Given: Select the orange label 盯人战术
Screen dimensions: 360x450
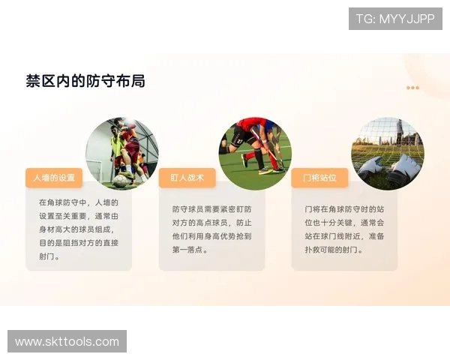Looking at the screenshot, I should [187, 178].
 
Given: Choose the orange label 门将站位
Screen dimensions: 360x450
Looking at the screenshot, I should [319, 178].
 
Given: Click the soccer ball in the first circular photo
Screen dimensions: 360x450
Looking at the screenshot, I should [120, 181].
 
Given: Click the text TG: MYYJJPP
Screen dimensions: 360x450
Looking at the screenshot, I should [394, 19].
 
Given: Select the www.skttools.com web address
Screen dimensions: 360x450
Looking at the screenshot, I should [67, 341].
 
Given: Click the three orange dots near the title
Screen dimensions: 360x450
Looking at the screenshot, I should [412, 88].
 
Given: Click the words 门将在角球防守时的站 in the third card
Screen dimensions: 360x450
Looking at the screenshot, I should [344, 209].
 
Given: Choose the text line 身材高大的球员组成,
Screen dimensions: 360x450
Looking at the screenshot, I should [78, 229].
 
